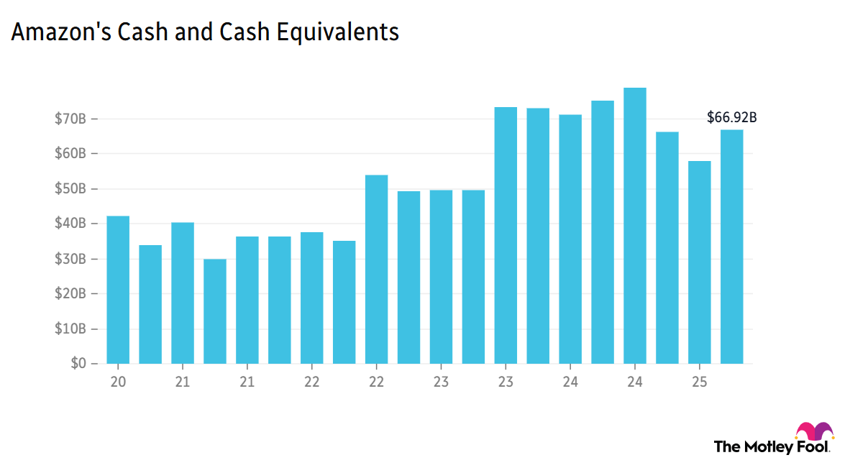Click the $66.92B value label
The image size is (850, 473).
(732, 117)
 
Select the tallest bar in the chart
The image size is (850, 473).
(635, 226)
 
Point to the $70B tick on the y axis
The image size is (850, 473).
(70, 119)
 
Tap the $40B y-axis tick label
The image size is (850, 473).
(70, 224)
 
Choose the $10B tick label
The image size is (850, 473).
(70, 329)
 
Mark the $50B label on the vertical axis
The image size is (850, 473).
(70, 188)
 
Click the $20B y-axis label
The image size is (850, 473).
(70, 293)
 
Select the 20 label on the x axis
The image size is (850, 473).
(118, 382)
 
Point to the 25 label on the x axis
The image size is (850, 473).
(700, 382)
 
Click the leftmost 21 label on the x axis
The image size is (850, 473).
(183, 382)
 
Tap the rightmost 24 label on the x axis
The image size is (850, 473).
(635, 382)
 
